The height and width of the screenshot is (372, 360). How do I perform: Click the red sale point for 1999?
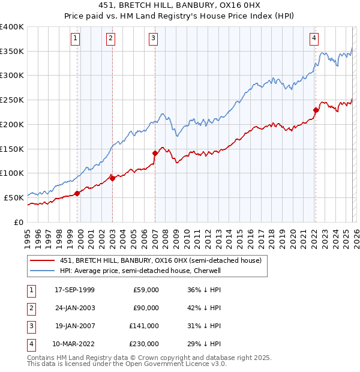click(77, 193)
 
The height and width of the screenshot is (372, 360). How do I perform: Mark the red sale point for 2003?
click(113, 178)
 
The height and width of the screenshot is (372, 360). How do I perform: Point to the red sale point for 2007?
click(155, 153)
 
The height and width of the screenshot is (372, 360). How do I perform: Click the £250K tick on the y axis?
click(12, 100)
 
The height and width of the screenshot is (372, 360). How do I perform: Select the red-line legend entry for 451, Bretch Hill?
click(160, 261)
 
